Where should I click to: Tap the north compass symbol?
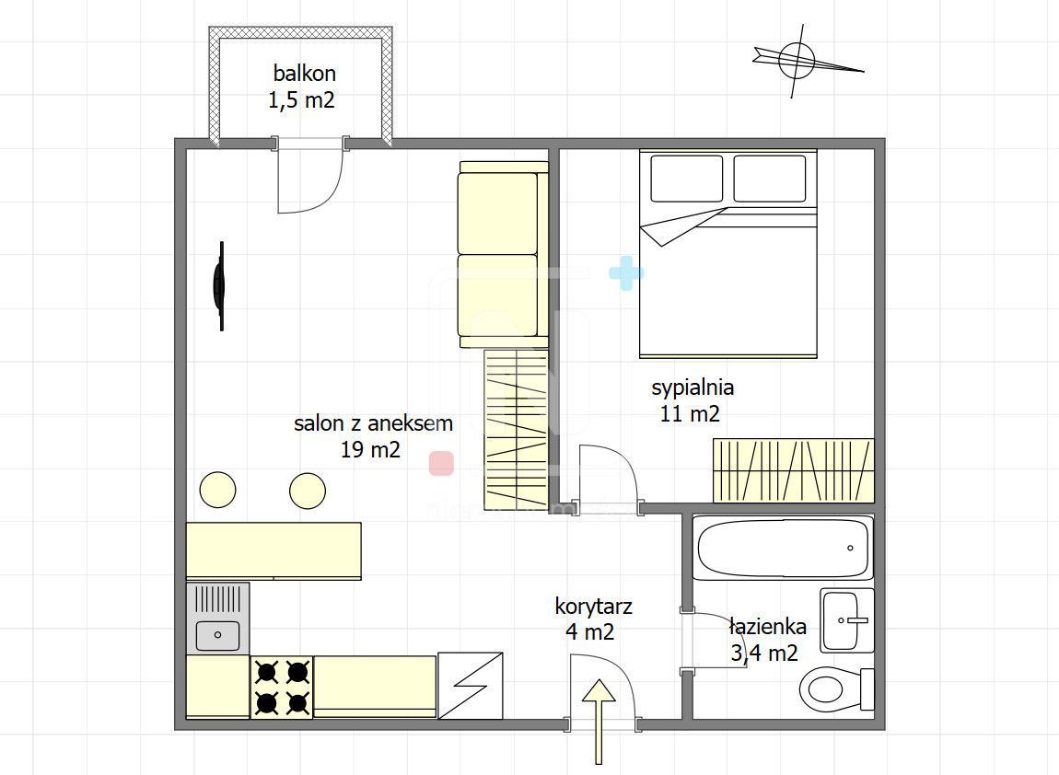799,60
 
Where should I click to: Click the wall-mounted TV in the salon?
219,286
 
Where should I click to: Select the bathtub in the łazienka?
784,548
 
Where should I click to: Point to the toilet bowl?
836,688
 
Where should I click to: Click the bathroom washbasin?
847,619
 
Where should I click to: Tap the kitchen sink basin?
217,634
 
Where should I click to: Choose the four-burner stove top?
282,688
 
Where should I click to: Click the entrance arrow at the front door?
599,722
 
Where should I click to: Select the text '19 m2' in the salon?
370,449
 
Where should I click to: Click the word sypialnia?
692,387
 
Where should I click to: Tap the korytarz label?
593,607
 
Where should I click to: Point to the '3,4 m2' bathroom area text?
763,653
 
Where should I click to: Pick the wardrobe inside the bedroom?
794,470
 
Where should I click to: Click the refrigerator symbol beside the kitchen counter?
470,685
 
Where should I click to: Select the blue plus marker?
626,273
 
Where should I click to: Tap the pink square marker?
441,464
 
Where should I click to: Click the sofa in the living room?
503,255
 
